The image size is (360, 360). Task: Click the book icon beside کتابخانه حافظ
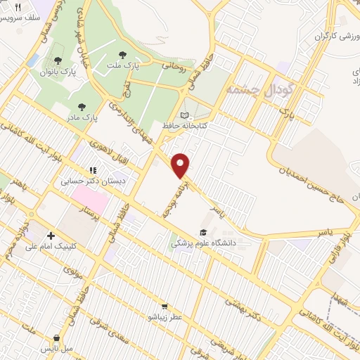click(185, 115)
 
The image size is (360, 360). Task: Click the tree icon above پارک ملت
click(122, 53)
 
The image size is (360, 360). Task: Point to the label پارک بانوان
click(58, 71)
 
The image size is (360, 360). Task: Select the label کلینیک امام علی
click(54, 247)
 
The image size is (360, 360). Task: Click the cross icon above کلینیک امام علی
click(50, 236)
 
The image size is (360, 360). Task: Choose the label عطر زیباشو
click(164, 317)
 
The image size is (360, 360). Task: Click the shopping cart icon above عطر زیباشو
click(164, 306)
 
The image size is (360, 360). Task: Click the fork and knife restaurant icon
click(18, 6)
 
